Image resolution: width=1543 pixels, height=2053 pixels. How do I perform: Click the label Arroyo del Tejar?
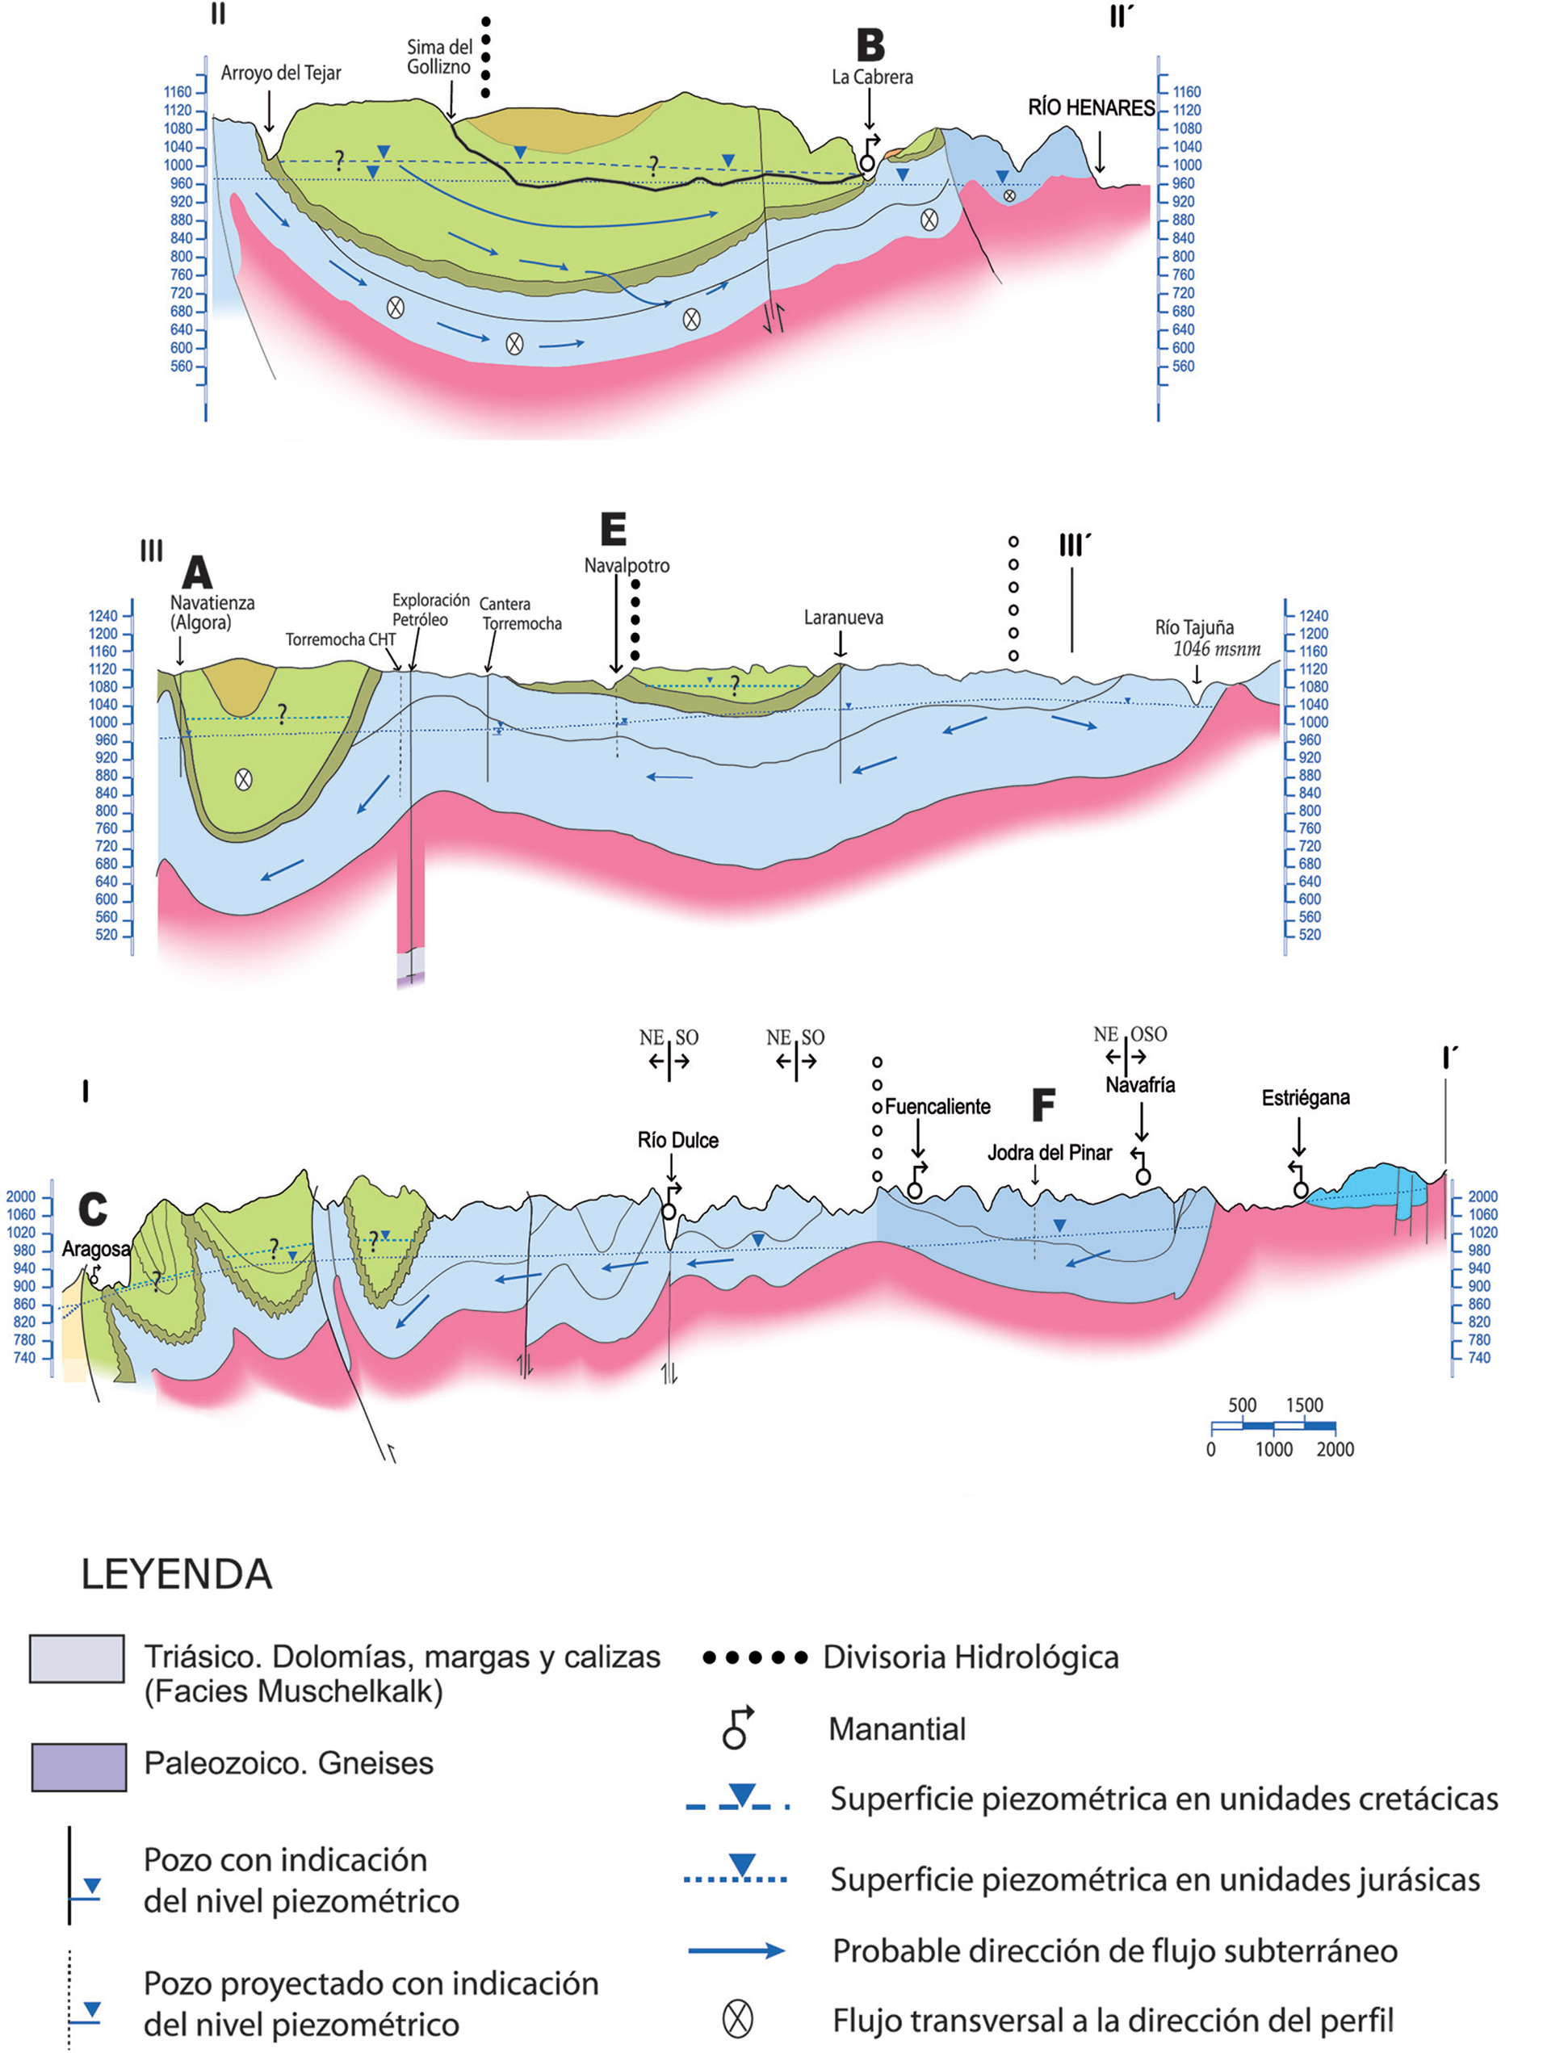tap(280, 73)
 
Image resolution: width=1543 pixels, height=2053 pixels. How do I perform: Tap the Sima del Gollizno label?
tap(439, 57)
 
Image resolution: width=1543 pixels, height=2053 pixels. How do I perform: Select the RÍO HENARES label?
tap(1091, 107)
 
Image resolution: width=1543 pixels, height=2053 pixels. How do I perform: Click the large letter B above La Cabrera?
tap(870, 44)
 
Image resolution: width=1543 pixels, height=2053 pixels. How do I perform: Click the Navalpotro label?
tap(627, 565)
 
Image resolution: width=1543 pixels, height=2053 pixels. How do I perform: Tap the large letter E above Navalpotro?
tap(613, 529)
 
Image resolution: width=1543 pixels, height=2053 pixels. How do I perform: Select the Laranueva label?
tap(843, 618)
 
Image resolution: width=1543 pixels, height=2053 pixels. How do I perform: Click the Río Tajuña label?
tap(1194, 627)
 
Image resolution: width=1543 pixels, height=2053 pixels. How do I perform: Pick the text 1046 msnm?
tap(1216, 649)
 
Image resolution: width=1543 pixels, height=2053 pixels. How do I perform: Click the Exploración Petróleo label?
tap(430, 610)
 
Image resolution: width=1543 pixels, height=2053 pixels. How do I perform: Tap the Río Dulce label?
tap(677, 1140)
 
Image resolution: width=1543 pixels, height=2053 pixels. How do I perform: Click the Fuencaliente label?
tap(937, 1106)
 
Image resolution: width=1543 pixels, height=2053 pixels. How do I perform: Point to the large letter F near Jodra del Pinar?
tap(1043, 1104)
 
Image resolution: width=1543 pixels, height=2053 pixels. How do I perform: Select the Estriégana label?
tap(1306, 1098)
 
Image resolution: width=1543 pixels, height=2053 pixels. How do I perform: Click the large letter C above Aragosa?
tap(93, 1209)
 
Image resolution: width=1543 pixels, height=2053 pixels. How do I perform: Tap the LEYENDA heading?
tap(176, 1574)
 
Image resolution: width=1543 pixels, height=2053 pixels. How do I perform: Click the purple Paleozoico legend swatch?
tap(79, 1767)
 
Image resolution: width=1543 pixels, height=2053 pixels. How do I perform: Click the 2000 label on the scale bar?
tap(1334, 1450)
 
